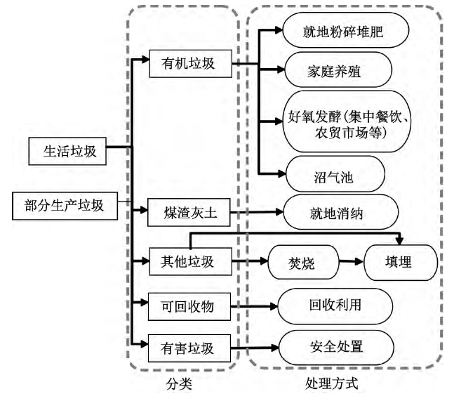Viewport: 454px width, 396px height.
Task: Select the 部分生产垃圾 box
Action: pos(65,205)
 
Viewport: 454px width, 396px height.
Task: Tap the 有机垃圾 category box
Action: pos(186,64)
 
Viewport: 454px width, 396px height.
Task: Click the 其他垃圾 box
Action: pos(186,263)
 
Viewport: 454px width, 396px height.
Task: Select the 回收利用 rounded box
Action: pos(335,305)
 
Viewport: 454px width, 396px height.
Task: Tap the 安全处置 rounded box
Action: pos(336,346)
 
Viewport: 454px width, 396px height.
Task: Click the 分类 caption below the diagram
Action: pos(181,384)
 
